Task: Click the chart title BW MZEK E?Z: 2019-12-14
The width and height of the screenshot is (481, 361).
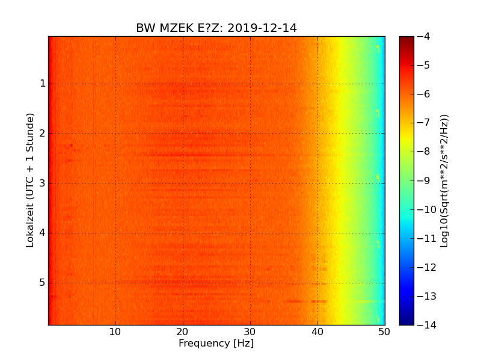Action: pos(216,28)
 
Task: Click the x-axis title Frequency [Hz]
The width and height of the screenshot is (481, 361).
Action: pos(216,344)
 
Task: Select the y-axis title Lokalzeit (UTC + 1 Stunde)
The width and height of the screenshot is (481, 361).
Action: pos(30,180)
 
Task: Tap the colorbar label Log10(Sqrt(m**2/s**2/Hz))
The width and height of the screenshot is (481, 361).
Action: pos(445,180)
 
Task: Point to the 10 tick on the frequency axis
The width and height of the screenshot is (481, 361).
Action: pos(115,332)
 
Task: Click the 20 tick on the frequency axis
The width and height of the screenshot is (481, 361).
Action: pos(183,332)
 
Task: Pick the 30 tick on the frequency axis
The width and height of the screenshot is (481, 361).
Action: pos(250,332)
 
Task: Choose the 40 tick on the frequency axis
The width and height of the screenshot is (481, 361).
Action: pos(317,332)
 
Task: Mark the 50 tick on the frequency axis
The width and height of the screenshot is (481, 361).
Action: pos(384,332)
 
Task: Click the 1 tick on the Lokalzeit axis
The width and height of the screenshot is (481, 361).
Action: pos(43,84)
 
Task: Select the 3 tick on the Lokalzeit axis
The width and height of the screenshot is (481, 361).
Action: pos(43,183)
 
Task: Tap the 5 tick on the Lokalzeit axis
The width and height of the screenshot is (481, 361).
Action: pos(43,282)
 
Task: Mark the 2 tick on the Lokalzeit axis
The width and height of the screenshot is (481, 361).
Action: pos(43,133)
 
